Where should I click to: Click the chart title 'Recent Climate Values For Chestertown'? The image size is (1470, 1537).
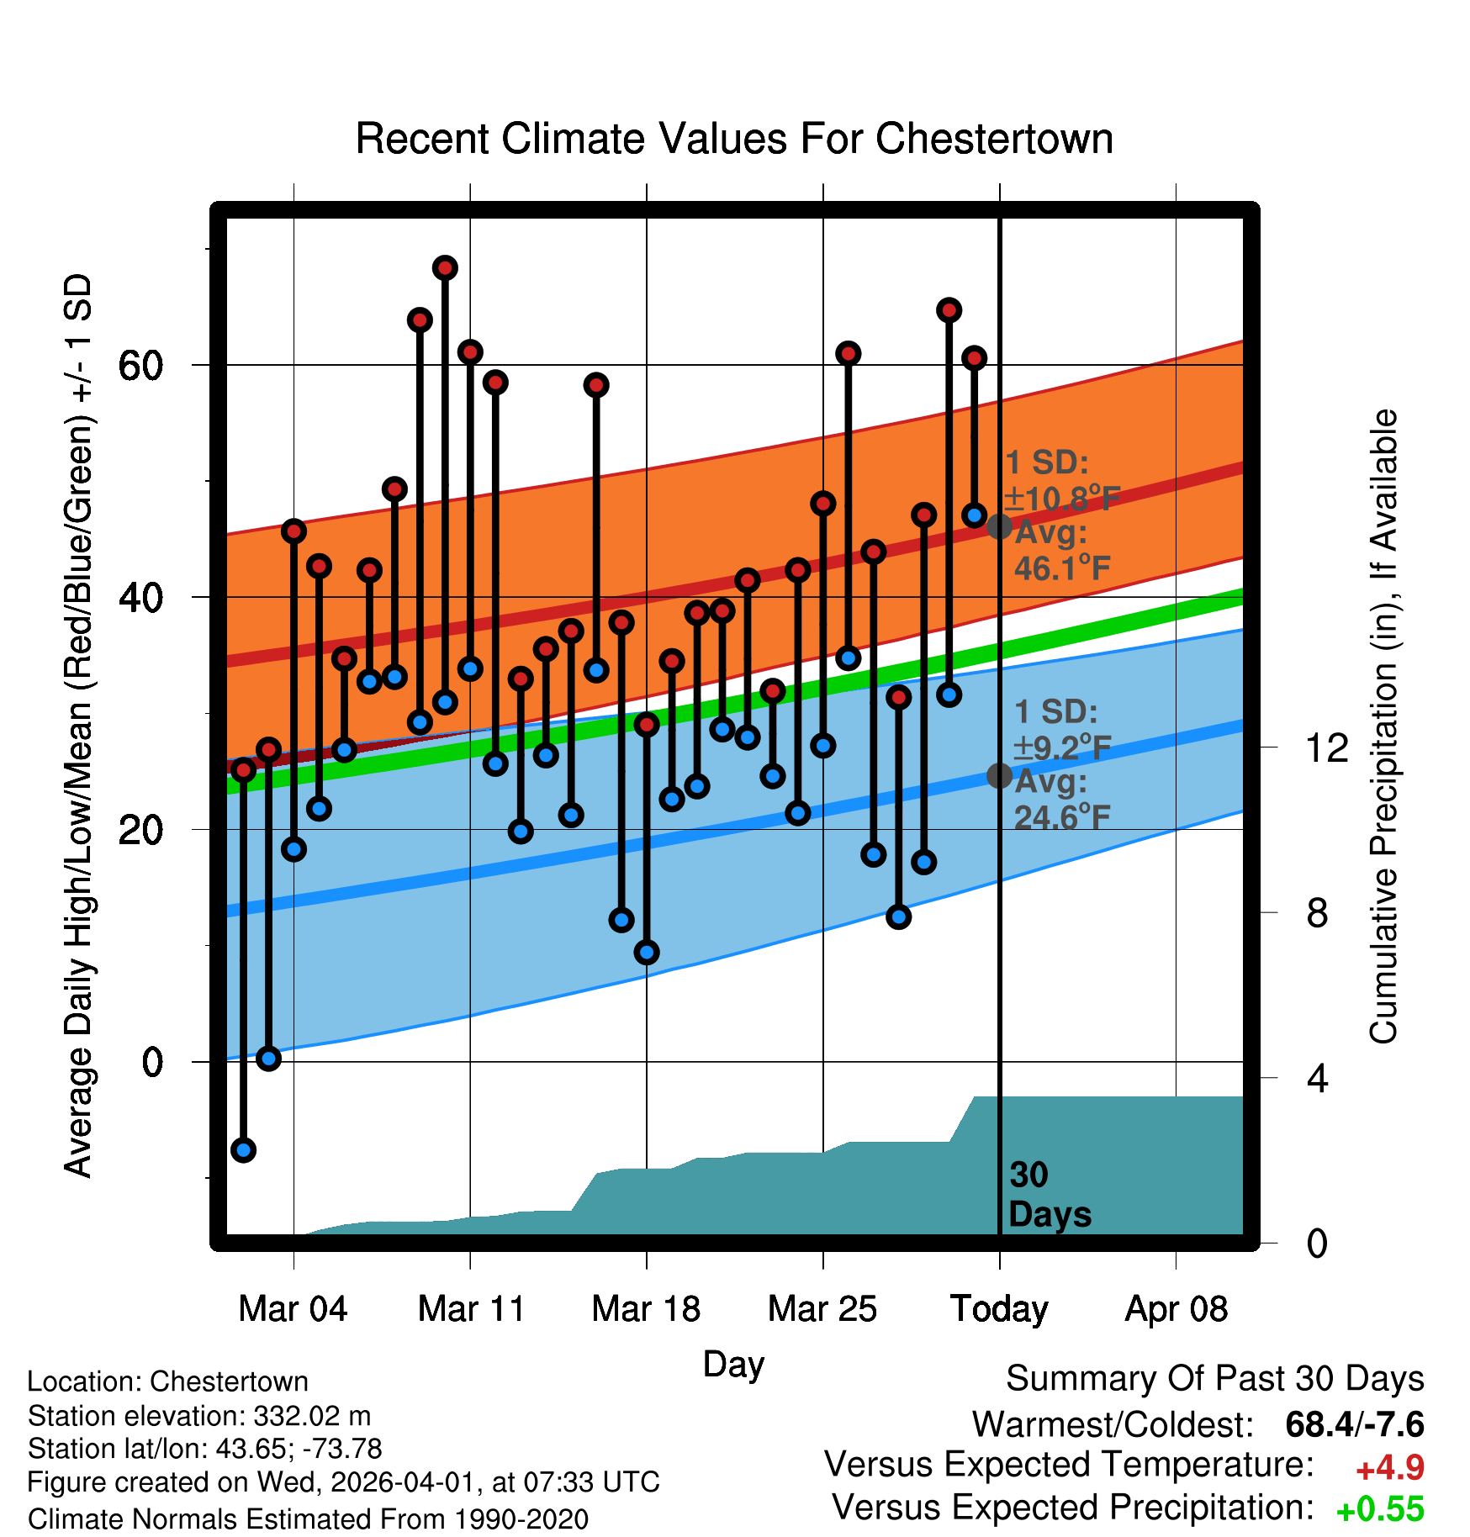[734, 139]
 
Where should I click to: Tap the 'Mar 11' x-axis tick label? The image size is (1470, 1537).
[471, 1309]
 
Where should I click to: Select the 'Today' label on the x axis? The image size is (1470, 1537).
[999, 1309]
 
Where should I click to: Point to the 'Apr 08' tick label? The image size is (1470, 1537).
[1176, 1309]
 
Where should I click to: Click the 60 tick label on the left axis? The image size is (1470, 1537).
[140, 366]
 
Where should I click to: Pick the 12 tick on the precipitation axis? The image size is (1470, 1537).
[1326, 747]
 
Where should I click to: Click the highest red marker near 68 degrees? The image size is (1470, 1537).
[445, 268]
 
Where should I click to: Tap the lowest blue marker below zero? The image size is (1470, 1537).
[244, 1149]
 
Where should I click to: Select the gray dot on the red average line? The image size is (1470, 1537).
[999, 526]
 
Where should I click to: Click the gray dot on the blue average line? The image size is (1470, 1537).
[999, 775]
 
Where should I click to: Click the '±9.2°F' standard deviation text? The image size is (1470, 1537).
[1061, 747]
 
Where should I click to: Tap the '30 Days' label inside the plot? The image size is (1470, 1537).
[1049, 1195]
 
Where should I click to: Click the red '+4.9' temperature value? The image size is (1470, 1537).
[1389, 1468]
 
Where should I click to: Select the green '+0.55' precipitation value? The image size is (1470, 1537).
[1380, 1509]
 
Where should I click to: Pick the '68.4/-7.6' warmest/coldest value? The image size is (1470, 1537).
[1354, 1424]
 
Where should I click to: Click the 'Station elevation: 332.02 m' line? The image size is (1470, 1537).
[199, 1416]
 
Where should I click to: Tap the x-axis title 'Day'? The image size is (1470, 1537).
[733, 1364]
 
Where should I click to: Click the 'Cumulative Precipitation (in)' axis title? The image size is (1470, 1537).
[1383, 726]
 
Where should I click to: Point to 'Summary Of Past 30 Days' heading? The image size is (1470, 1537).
[1214, 1379]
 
